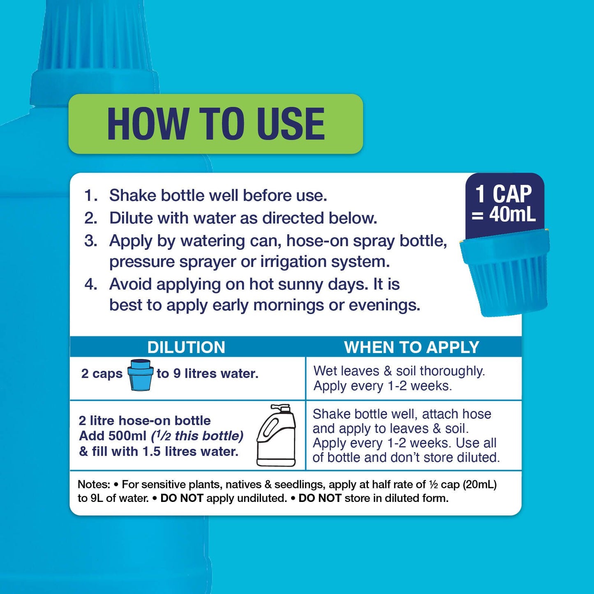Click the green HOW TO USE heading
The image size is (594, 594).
coord(216,124)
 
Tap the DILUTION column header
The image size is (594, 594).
coord(186,347)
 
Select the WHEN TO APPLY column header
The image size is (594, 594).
coord(411,347)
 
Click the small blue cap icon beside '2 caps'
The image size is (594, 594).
coord(140,375)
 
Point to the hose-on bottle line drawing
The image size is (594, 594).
coord(276,435)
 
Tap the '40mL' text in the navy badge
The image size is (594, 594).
coord(513,215)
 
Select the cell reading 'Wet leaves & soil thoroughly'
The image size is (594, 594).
coord(399,371)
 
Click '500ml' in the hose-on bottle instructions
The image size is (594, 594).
coord(127,436)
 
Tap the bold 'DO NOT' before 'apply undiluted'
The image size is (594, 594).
coord(182,498)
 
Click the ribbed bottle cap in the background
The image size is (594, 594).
coord(95,45)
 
